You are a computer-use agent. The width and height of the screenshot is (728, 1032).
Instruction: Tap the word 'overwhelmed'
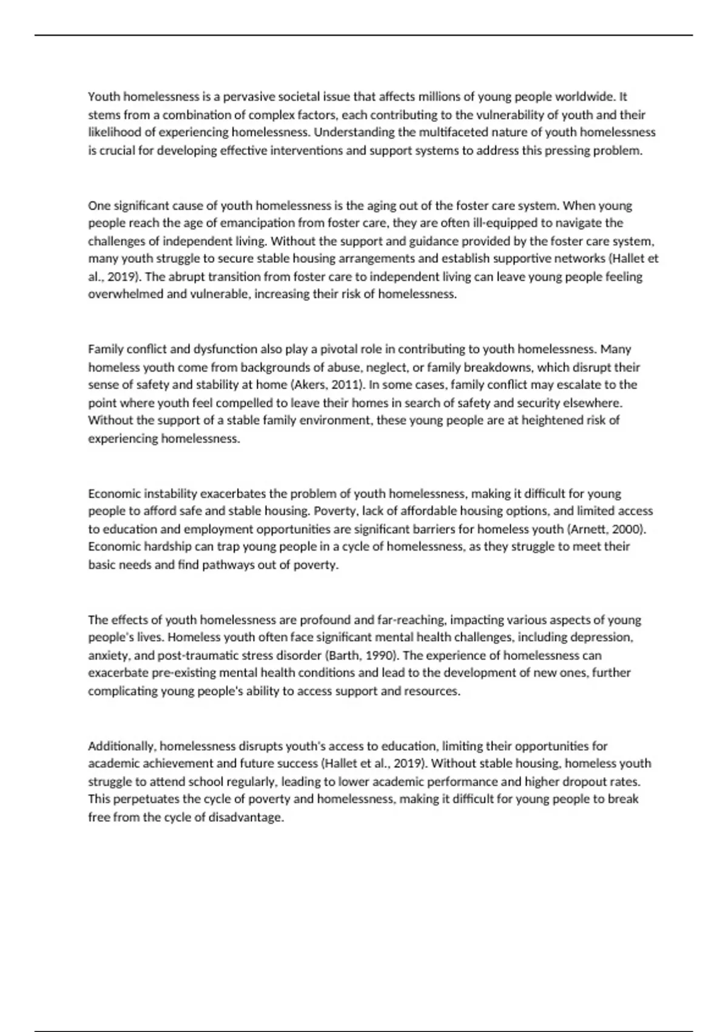click(125, 294)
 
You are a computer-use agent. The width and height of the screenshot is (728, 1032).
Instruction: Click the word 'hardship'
click(167, 546)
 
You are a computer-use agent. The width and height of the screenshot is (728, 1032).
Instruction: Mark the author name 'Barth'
click(343, 656)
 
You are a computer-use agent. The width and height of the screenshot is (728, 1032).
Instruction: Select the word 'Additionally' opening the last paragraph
click(122, 746)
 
